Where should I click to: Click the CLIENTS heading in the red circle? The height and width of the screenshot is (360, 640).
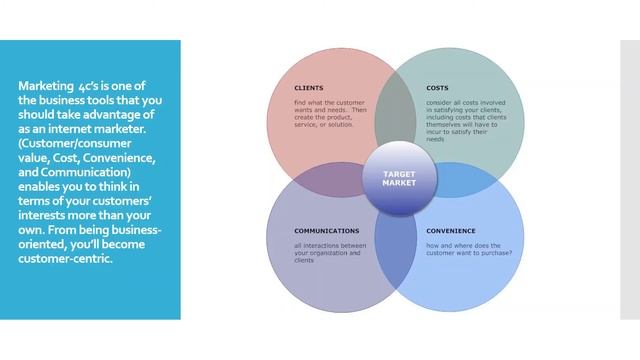click(x=309, y=88)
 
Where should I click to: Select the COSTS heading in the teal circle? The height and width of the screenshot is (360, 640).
click(x=437, y=88)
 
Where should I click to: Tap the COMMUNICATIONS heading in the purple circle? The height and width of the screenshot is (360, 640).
click(x=326, y=231)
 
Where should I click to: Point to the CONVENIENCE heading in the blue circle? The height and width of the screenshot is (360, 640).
click(x=451, y=231)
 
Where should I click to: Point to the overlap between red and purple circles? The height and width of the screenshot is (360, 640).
click(x=315, y=179)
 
